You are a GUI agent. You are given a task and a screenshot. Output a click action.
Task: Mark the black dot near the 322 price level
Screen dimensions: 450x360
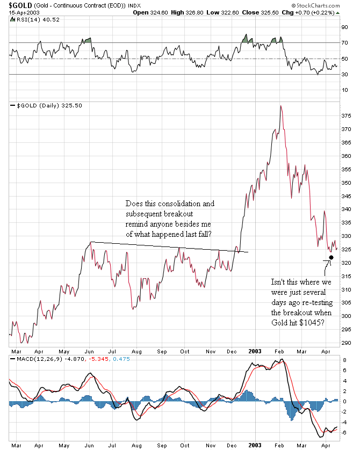coord(331,258)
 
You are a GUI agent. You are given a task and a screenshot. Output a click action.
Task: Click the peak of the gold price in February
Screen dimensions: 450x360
coord(280,106)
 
